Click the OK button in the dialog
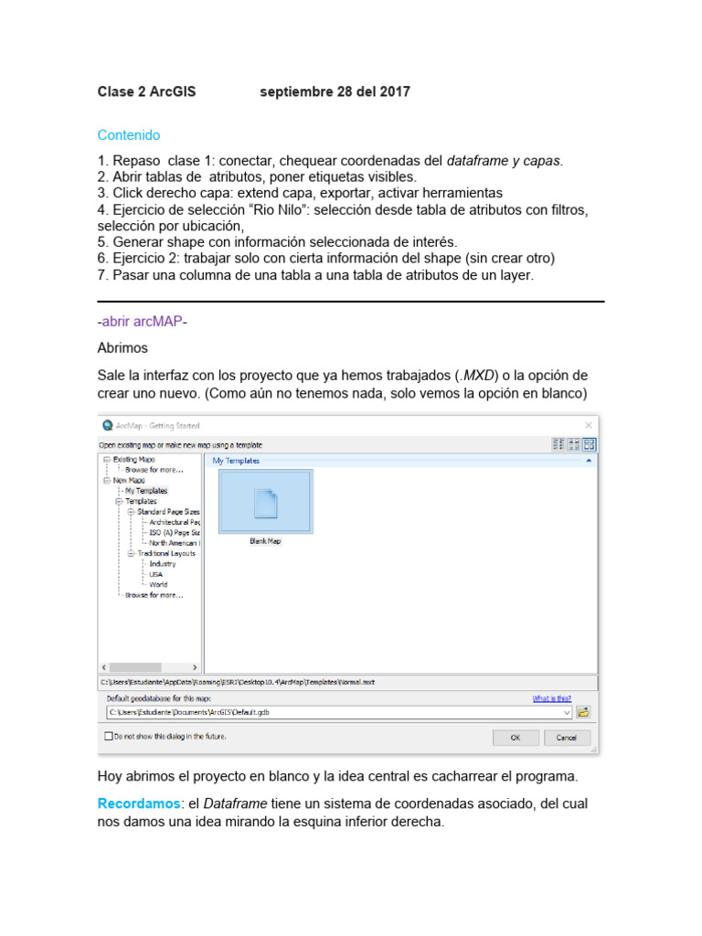coord(516,737)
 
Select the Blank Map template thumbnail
coord(265,502)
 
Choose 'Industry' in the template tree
coord(163,564)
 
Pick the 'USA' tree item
coord(156,574)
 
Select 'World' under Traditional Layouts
coord(159,584)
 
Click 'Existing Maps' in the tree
coord(134,459)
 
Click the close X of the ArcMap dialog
coord(589,425)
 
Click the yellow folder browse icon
coord(583,711)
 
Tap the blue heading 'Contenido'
coord(129,135)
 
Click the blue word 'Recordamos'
coord(136,803)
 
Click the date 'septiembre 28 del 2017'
coord(335,91)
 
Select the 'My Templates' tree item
coord(145,491)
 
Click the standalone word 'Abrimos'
coord(122,348)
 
